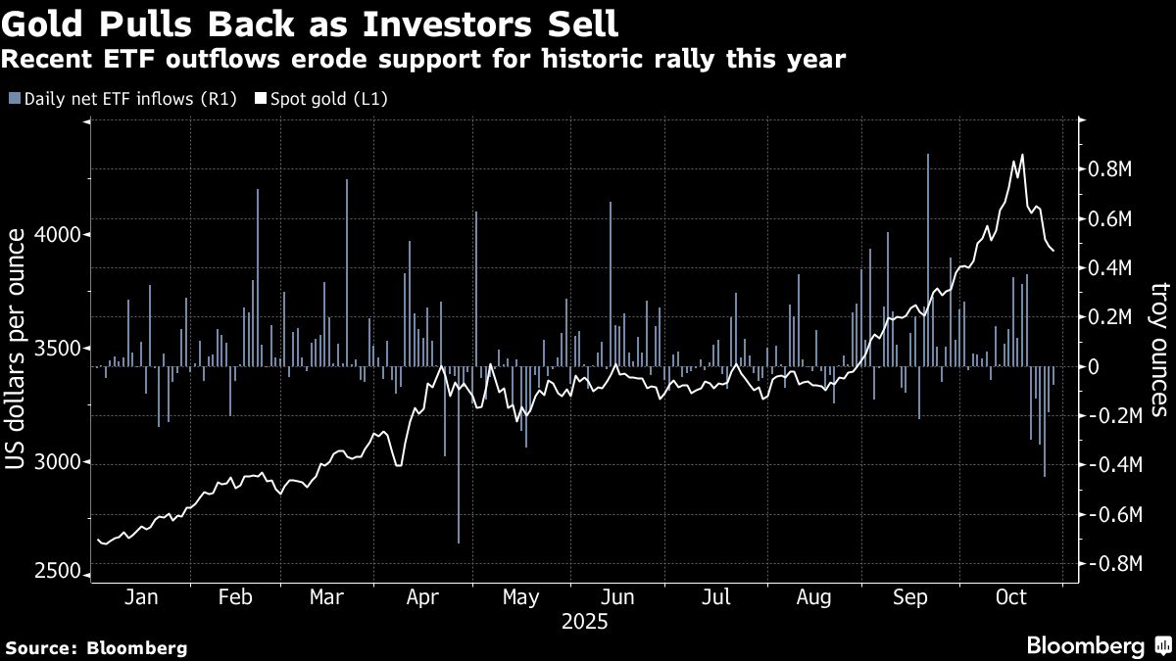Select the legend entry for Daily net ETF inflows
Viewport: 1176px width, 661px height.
[122, 99]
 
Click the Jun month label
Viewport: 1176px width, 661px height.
[618, 598]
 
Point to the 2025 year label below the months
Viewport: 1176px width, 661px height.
[584, 622]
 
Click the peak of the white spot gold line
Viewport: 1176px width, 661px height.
[1022, 155]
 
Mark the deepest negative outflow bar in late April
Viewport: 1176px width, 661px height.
[459, 542]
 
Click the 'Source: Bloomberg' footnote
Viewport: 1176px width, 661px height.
[96, 647]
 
